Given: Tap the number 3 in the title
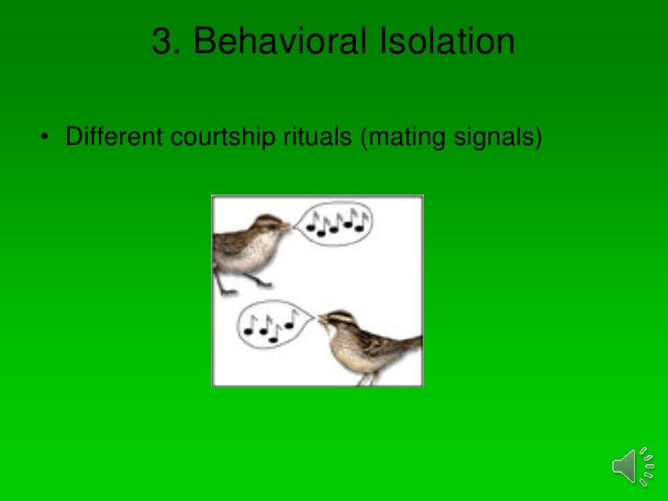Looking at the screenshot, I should pos(162,42).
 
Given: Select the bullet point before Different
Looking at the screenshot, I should pos(43,139).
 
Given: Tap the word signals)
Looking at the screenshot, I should pos(497,139).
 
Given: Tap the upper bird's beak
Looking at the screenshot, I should pos(288,223).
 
